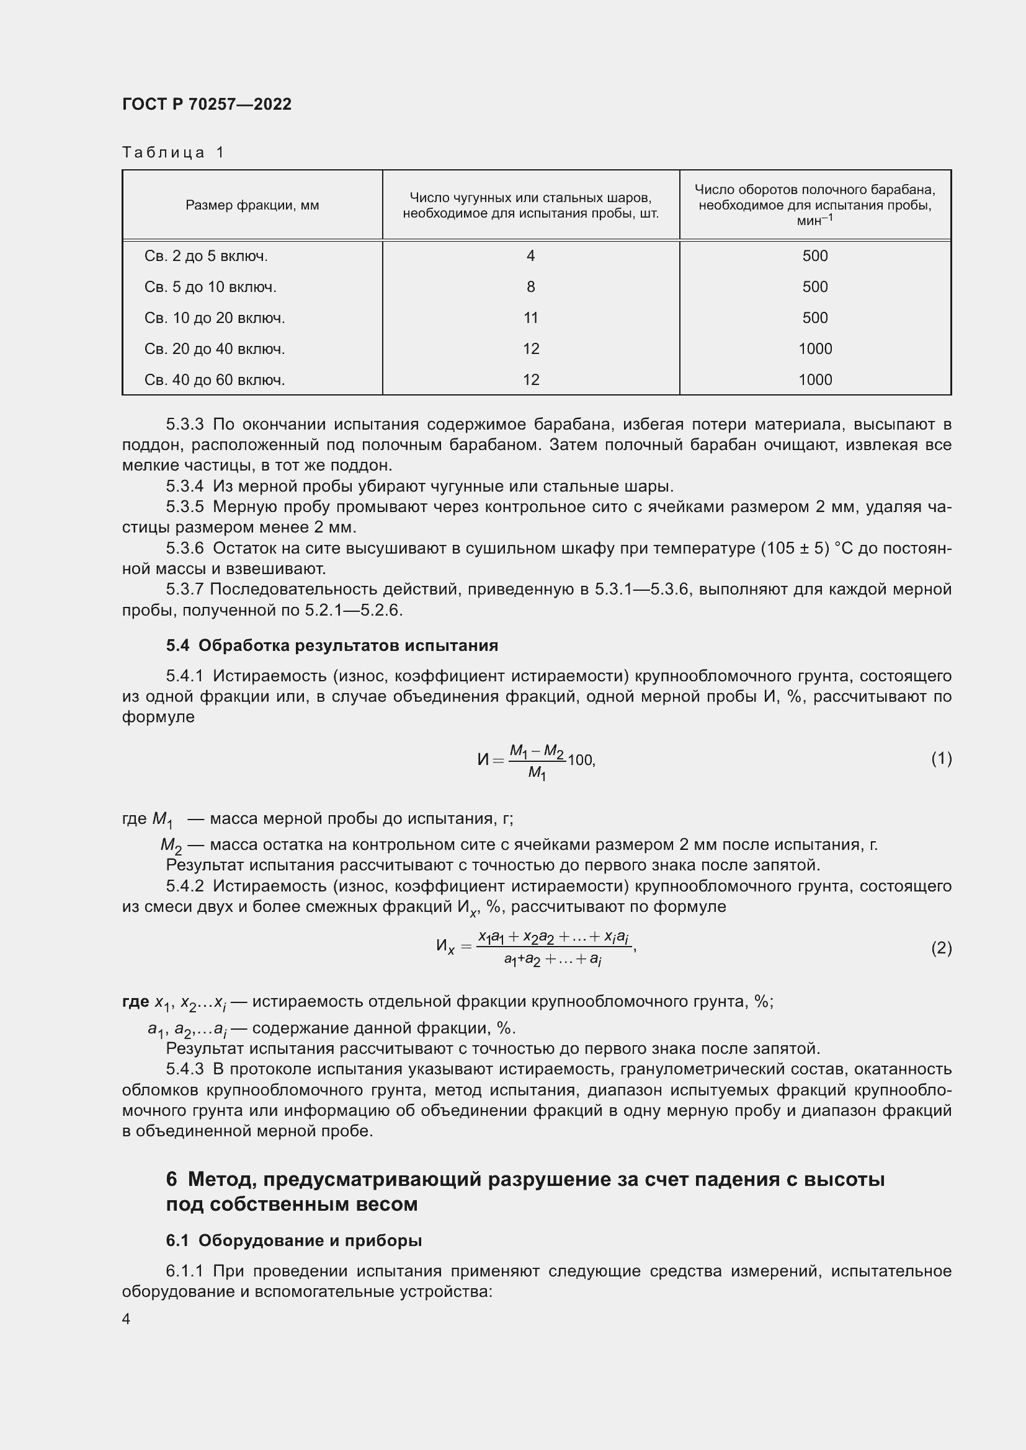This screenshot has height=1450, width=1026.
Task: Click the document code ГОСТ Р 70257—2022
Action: [207, 104]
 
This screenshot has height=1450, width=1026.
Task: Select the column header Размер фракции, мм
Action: [252, 205]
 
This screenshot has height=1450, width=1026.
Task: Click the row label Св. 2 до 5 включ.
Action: [206, 256]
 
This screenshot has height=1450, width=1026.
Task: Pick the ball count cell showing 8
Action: [531, 287]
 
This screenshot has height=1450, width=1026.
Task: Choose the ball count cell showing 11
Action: [531, 317]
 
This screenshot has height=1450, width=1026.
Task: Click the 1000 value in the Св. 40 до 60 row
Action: [815, 379]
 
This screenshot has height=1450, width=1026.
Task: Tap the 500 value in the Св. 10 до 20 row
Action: [815, 317]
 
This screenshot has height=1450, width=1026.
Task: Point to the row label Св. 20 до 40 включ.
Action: [214, 348]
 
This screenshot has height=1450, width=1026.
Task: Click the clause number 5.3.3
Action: [184, 425]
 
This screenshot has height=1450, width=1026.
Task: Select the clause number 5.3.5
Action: [184, 506]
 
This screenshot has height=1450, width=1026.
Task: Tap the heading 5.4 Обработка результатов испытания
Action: [332, 645]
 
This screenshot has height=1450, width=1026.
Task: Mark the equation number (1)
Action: [941, 758]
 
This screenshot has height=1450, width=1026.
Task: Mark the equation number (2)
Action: [941, 948]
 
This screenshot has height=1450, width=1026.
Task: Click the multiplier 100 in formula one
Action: [580, 760]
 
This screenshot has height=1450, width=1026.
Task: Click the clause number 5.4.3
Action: [184, 1069]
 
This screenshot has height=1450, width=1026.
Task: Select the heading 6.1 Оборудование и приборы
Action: [294, 1240]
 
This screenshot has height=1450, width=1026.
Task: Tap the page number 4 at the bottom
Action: [127, 1319]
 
